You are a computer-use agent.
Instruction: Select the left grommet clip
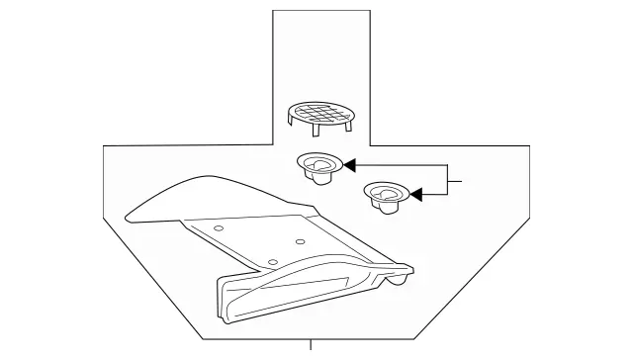click(x=317, y=167)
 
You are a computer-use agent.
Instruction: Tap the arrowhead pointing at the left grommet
click(x=349, y=167)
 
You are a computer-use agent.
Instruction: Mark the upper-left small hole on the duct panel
click(x=218, y=228)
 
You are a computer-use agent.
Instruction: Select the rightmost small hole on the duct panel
click(x=299, y=240)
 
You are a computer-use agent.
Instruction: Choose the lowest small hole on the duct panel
click(x=271, y=261)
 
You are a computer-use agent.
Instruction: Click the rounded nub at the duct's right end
click(x=398, y=280)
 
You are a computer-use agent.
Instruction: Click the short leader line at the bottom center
click(x=313, y=348)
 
